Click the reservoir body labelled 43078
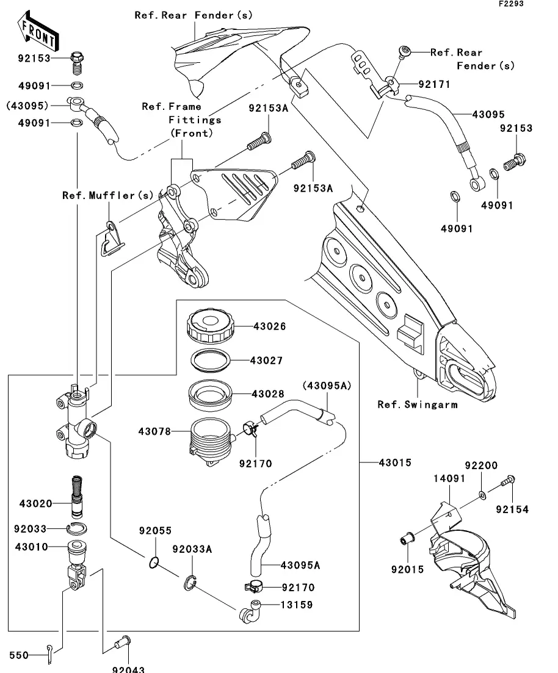209,439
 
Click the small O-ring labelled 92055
154,562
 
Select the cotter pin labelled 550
50,653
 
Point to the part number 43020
35,503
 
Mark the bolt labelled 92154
506,483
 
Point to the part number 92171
433,84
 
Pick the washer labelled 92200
482,494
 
